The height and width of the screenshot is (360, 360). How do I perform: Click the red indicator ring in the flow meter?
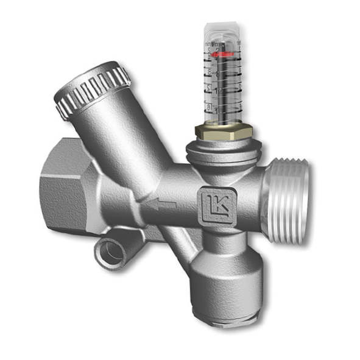pyautogui.click(x=223, y=54)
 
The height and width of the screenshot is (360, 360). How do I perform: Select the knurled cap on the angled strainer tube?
pyautogui.click(x=91, y=88)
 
